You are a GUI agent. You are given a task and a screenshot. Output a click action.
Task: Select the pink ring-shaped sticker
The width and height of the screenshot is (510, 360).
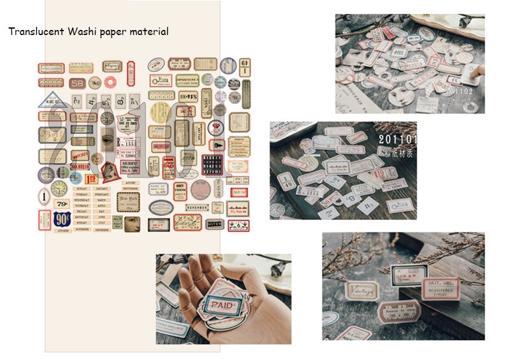point(109,82)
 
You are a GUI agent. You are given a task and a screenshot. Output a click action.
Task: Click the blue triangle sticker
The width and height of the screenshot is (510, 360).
point(50,99)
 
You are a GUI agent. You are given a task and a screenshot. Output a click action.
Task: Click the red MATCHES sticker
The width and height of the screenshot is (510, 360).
point(80,154)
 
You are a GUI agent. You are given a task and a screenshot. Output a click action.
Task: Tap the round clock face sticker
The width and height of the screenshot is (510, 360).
point(59,189)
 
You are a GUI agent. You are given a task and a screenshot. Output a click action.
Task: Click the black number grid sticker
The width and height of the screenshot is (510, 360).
point(212,164)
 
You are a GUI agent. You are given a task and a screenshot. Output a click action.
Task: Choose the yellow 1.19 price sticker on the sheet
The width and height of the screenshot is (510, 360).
point(91,180)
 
